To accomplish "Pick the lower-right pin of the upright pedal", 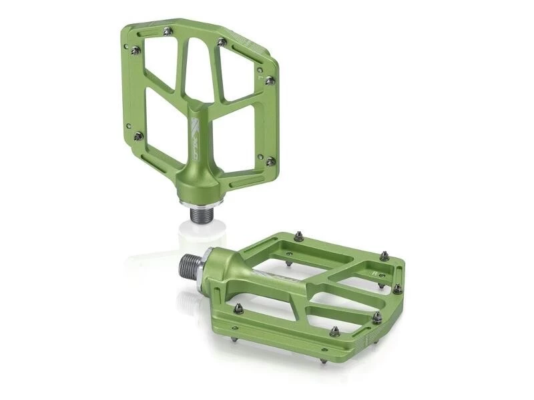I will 270,161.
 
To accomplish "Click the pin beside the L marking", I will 270,81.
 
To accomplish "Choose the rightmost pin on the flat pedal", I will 398,289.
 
